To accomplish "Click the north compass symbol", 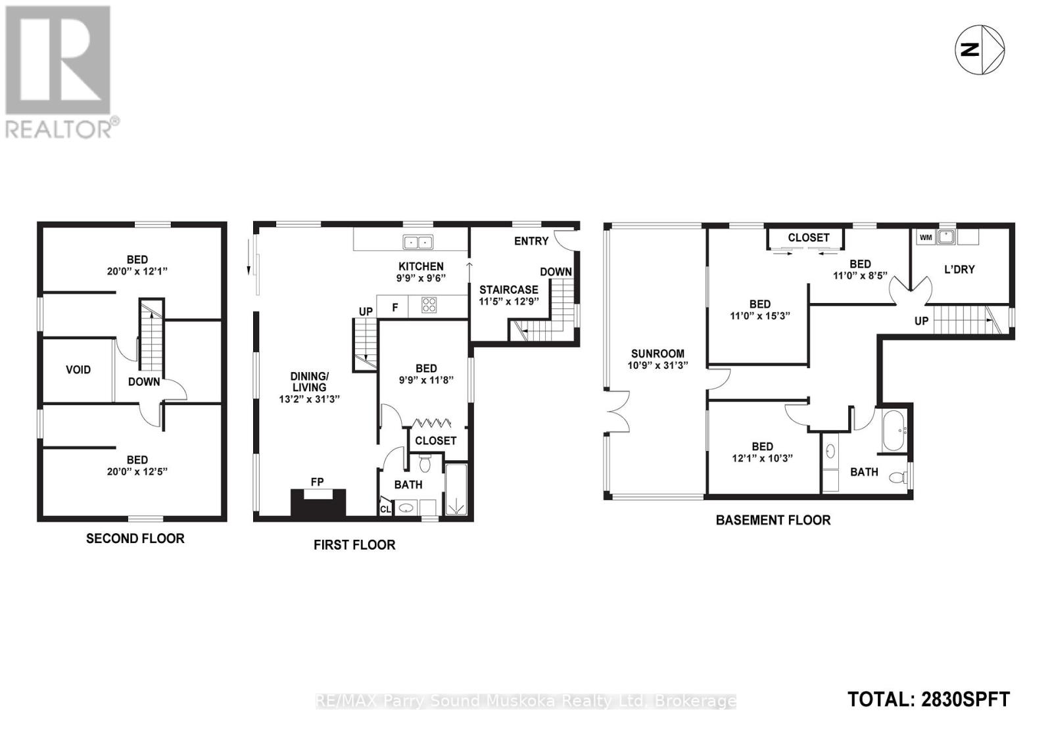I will [x=979, y=50].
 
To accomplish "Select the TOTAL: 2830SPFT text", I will [x=928, y=699].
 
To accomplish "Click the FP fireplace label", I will [x=317, y=482].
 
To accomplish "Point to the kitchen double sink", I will [x=418, y=242].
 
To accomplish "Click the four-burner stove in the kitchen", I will [x=429, y=305].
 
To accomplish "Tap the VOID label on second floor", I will [x=78, y=369].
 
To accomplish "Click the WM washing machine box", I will [x=926, y=237].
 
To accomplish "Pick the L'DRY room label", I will [x=959, y=269].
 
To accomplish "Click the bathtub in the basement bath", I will [x=894, y=431].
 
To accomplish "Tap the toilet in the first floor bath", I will [x=424, y=465].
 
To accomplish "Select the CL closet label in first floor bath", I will [x=385, y=509].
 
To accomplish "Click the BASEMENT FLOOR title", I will [x=773, y=520].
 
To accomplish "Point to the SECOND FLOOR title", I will [x=135, y=538].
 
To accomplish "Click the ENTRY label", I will [x=531, y=241].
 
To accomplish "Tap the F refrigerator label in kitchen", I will [x=395, y=307].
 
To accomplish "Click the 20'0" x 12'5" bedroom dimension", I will [x=137, y=471].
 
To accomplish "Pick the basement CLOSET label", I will [x=808, y=237].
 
